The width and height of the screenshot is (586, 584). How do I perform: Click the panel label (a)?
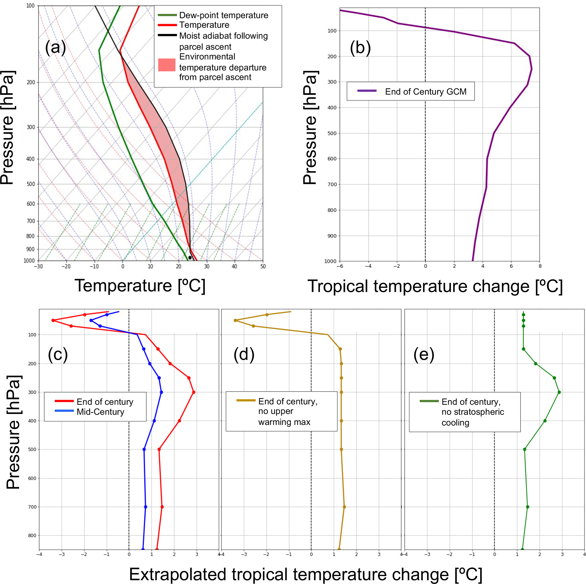tap(56, 48)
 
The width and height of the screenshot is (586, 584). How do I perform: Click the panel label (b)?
tap(360, 48)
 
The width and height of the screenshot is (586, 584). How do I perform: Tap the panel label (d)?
tap(244, 354)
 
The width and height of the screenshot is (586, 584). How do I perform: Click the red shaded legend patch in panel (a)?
tap(167, 65)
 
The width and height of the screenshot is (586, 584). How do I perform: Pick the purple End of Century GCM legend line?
tap(367, 91)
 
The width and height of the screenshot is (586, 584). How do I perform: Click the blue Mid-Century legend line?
tap(64, 411)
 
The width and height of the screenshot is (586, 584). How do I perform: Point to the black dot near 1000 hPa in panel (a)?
tap(190, 258)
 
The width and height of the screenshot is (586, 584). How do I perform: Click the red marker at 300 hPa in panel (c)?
tap(194, 392)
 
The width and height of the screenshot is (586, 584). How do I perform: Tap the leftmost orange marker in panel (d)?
tap(235, 320)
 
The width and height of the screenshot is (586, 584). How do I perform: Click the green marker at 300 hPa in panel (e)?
tap(559, 392)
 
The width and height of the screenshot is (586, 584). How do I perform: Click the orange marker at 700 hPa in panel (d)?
tap(344, 507)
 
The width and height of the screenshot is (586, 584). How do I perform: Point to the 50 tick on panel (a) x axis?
tap(263, 266)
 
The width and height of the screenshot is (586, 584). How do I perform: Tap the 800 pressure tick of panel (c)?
tap(32, 536)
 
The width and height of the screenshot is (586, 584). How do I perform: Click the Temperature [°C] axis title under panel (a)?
tap(140, 286)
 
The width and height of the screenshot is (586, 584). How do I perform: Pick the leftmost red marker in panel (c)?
tap(53, 320)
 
